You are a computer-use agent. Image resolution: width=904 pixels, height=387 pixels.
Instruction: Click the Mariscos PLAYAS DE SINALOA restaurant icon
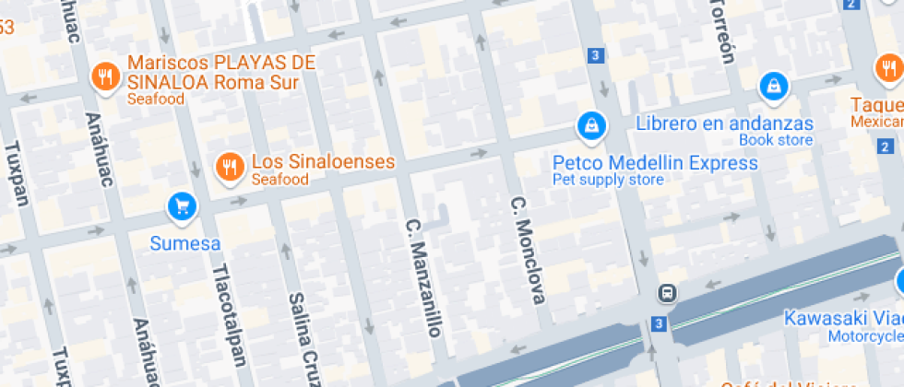pyautogui.click(x=107, y=76)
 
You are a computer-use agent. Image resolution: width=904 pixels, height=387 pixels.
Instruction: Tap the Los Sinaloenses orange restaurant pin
pyautogui.click(x=228, y=166)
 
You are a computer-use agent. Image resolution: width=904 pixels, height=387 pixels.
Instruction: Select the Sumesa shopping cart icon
pyautogui.click(x=182, y=205)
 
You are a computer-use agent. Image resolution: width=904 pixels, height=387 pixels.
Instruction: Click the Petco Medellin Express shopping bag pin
pyautogui.click(x=589, y=123)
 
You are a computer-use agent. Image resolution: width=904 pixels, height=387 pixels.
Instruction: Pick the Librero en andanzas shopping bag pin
pyautogui.click(x=772, y=87)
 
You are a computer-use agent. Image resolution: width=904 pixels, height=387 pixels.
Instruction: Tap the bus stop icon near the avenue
pyautogui.click(x=666, y=294)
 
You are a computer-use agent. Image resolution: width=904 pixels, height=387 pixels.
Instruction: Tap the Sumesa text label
pyautogui.click(x=185, y=244)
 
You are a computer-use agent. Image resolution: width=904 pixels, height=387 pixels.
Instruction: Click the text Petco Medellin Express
pyautogui.click(x=655, y=163)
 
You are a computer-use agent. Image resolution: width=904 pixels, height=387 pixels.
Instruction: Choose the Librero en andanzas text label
pyautogui.click(x=725, y=123)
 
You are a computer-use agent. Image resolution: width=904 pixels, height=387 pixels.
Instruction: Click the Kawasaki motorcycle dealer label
pyautogui.click(x=842, y=318)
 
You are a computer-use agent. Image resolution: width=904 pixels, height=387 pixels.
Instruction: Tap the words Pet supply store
pyautogui.click(x=607, y=180)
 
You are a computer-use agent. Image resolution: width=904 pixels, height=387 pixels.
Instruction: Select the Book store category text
pyautogui.click(x=776, y=140)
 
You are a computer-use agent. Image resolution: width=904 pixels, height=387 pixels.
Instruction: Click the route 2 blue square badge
pyautogui.click(x=886, y=147)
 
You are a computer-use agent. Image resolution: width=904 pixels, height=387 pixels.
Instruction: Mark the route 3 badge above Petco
pyautogui.click(x=596, y=56)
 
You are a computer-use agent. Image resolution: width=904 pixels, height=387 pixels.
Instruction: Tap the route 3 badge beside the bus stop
pyautogui.click(x=658, y=323)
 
